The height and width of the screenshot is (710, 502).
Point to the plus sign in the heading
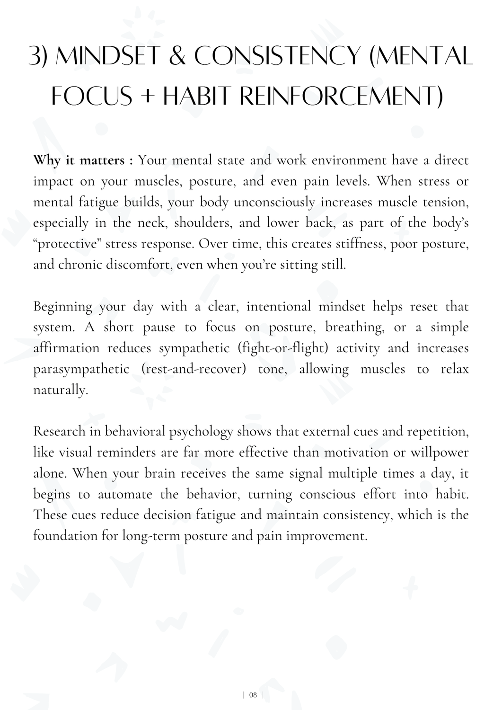[148, 97]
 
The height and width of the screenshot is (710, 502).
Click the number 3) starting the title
[39, 57]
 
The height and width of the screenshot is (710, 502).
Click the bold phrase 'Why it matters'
[79, 160]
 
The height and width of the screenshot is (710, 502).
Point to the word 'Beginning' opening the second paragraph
[63, 307]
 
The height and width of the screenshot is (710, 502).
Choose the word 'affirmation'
[66, 348]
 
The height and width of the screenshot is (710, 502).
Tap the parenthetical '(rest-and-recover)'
[194, 369]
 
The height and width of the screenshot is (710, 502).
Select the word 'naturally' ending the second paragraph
[60, 390]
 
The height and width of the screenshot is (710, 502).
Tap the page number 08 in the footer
[253, 695]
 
